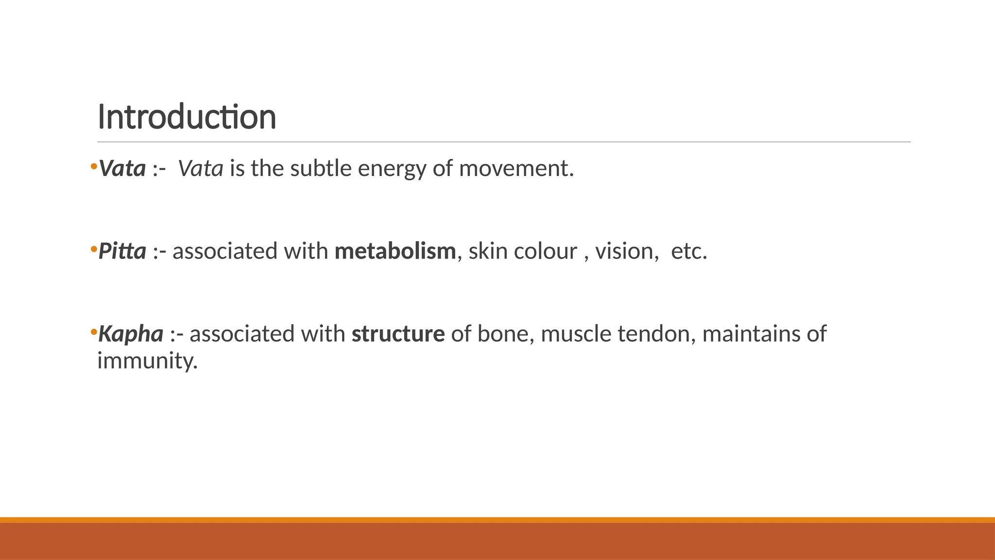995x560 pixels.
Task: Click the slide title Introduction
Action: (x=187, y=118)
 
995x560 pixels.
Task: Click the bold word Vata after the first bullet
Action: (x=122, y=169)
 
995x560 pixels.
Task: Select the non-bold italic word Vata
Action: (x=201, y=169)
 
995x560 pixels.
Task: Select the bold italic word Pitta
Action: (x=122, y=252)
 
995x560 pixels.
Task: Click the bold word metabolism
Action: (x=395, y=252)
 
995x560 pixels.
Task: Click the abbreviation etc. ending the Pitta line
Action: (x=689, y=252)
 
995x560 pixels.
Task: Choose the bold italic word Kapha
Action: (x=131, y=334)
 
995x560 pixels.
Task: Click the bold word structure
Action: (x=398, y=334)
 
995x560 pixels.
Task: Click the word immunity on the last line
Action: (x=147, y=361)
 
